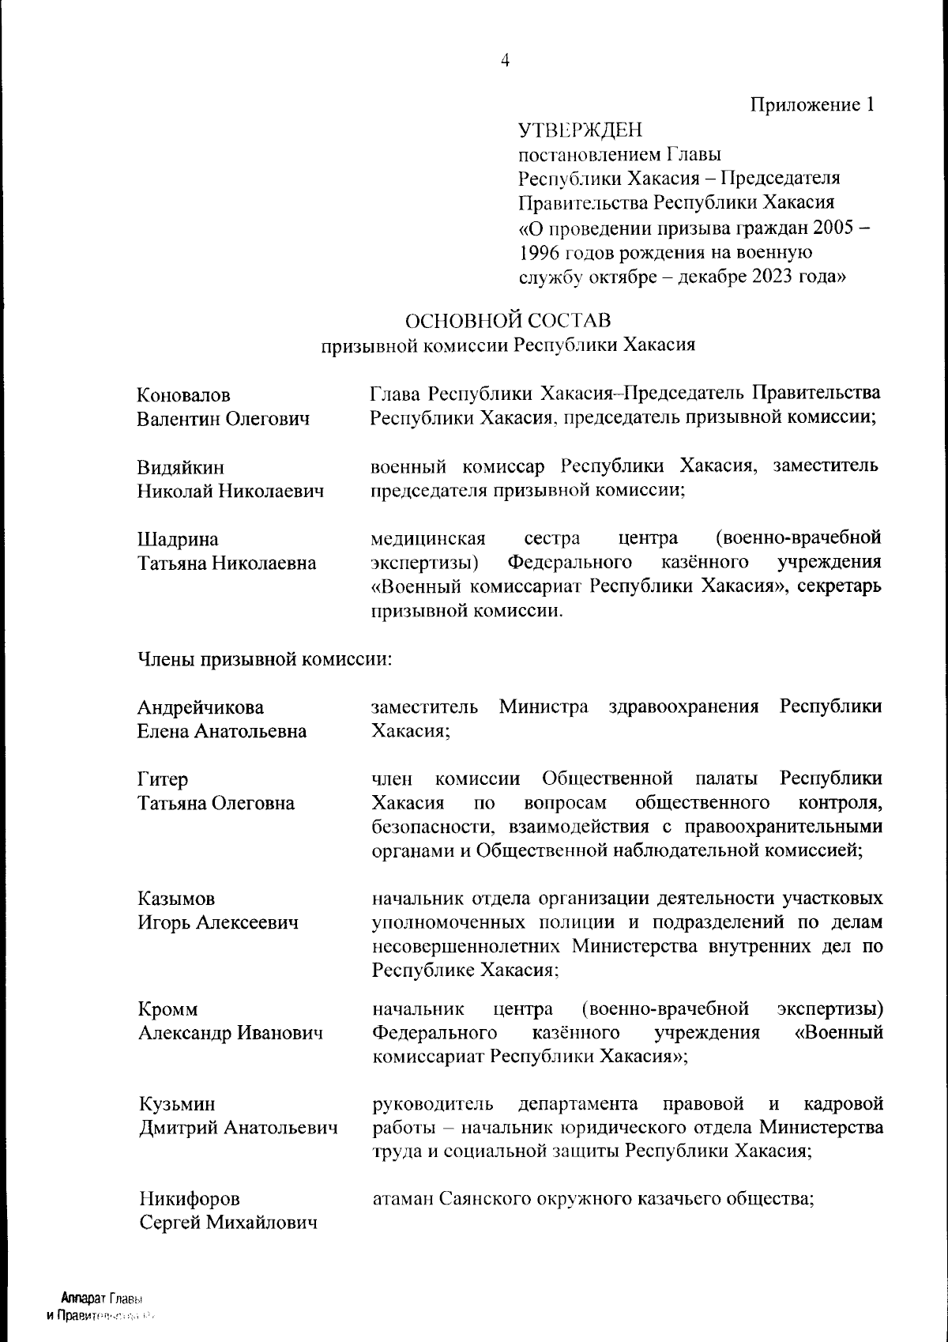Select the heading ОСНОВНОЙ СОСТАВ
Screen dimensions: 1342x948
[508, 320]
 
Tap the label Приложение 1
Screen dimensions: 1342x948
[812, 105]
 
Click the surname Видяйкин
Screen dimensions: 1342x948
[181, 467]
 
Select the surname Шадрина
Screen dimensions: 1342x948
[178, 539]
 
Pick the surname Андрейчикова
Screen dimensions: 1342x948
[201, 707]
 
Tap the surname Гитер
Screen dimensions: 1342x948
[164, 779]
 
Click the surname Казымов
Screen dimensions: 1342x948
[176, 899]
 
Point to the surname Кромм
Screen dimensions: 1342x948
[167, 1009]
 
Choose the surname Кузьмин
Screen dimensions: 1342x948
[176, 1104]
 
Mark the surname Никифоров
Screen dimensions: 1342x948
[190, 1199]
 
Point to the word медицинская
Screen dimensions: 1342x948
[427, 539]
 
